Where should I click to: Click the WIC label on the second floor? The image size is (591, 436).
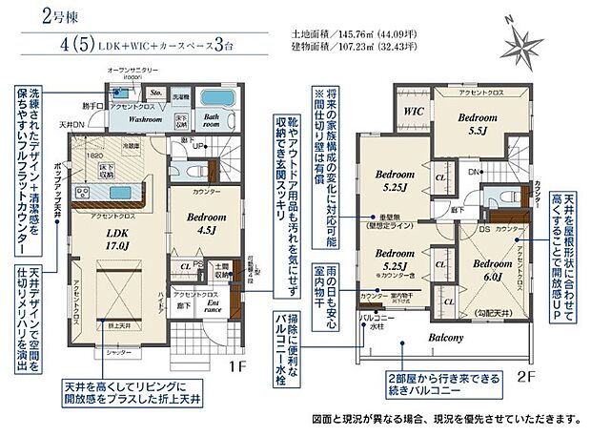coord(412,111)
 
